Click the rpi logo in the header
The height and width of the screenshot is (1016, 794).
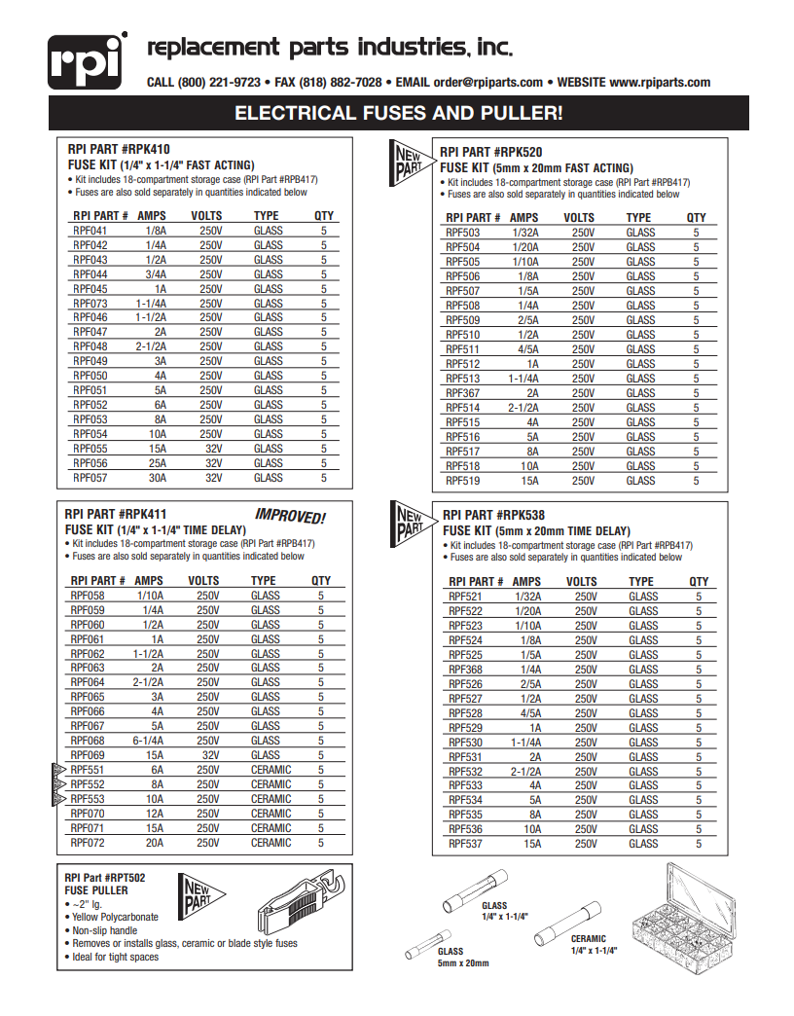[87, 61]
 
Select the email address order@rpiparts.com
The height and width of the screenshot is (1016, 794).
[488, 83]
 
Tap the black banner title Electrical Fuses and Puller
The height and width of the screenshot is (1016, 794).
[398, 113]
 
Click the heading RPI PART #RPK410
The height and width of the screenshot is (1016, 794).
[119, 150]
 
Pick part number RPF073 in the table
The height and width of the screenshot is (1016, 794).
[90, 304]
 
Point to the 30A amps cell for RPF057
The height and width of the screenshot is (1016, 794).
[157, 478]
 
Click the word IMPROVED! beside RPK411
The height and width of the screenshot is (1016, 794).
[289, 516]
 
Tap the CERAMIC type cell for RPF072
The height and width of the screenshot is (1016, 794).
[271, 843]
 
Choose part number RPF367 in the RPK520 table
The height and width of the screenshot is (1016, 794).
[462, 393]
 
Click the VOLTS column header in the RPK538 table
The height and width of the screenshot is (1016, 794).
[582, 582]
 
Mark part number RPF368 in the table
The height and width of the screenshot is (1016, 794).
[465, 670]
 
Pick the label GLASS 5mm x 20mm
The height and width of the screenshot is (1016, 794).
[463, 957]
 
